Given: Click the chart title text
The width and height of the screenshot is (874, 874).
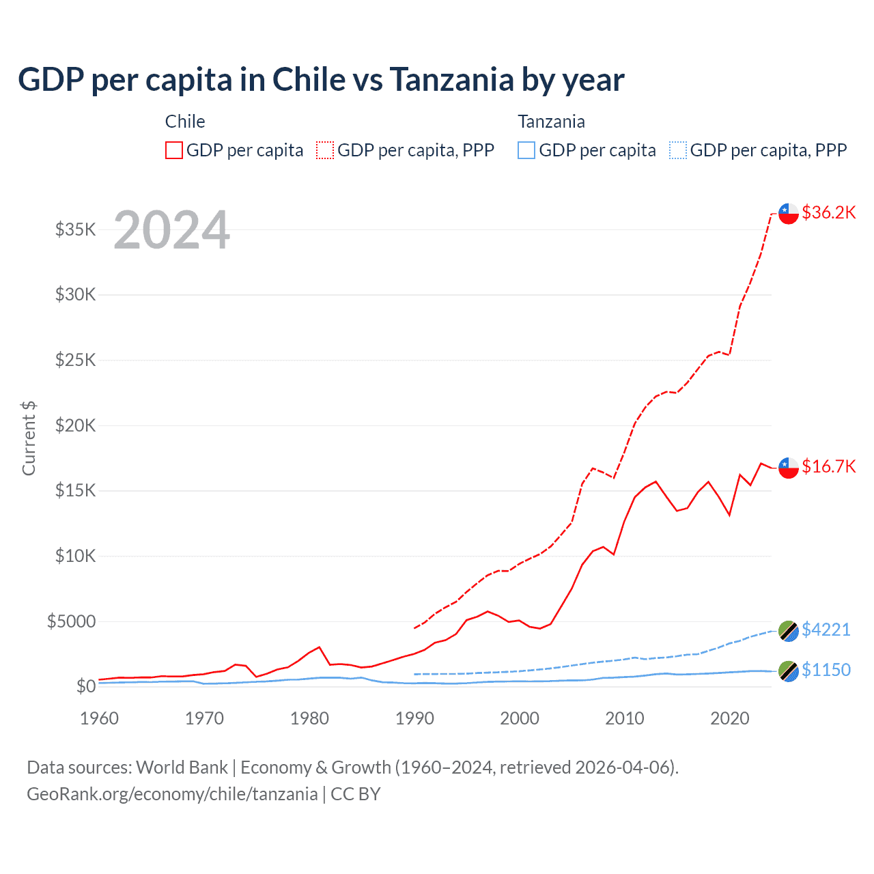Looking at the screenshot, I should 321,80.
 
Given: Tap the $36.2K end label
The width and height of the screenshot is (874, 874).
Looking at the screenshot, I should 828,212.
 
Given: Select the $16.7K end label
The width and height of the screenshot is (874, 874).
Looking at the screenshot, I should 828,466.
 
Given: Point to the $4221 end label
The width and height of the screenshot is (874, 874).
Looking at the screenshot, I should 826,630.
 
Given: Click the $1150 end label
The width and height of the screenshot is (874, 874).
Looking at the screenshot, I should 826,670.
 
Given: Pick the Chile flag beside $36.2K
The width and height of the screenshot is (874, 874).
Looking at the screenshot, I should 789,214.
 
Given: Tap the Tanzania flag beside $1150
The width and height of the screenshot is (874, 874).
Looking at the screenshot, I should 789,671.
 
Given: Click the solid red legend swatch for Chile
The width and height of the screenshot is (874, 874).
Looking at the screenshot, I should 174,150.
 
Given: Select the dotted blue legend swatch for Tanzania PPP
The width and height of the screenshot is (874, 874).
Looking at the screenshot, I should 678,150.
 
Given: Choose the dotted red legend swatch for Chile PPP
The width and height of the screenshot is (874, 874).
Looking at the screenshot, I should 325,150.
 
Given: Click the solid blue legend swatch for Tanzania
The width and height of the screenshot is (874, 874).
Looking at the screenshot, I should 526,150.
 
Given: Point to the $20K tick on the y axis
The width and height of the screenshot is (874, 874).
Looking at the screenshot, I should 76,425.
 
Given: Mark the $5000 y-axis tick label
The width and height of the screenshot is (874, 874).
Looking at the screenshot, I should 72,621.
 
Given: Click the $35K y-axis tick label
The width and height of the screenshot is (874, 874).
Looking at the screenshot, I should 76,229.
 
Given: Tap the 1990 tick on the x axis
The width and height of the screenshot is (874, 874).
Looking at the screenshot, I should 414,718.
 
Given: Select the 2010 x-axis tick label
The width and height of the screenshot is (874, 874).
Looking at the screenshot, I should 625,718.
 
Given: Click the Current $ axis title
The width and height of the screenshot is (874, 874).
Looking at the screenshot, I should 29,438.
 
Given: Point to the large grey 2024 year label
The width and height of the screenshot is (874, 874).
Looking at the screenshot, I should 172,230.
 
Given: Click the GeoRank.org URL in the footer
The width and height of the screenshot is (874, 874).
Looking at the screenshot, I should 172,794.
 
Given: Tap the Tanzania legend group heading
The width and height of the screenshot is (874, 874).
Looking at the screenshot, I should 551,122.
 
